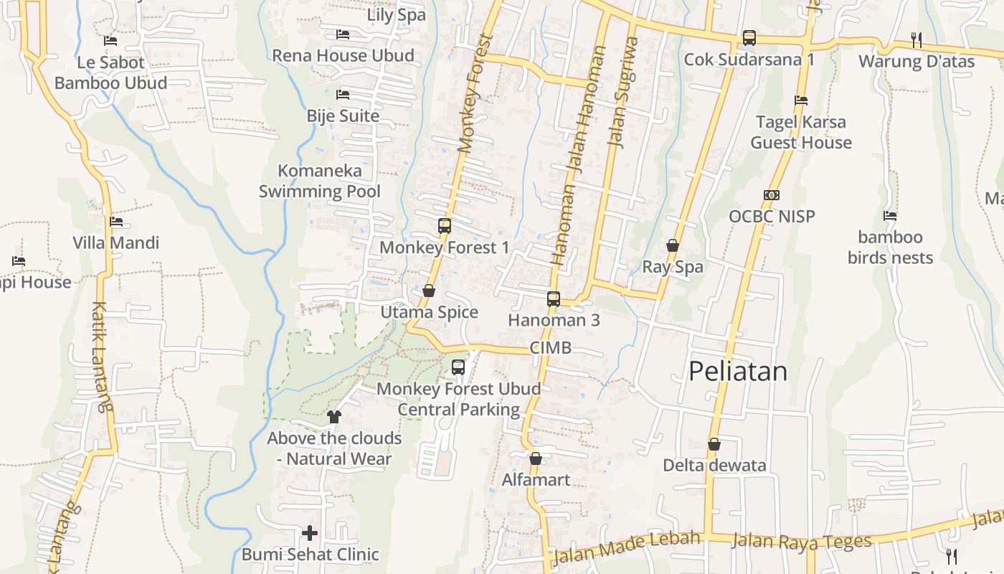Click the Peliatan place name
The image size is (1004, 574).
coord(738,371)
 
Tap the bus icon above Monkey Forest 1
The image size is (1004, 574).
coord(445,226)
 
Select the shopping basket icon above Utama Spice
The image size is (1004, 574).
coord(429,291)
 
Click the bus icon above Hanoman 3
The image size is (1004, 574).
coord(554,298)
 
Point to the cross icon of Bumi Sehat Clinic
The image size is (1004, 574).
coord(310,533)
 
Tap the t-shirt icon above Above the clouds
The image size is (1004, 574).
coord(333,416)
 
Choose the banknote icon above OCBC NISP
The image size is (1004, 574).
coord(772,194)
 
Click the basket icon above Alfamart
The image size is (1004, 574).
coord(536,458)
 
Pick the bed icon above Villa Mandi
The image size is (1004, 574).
coord(116,222)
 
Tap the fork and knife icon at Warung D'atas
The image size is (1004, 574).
coord(916,39)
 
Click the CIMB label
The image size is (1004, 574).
coord(551,348)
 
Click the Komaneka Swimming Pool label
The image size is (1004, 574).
coord(320,181)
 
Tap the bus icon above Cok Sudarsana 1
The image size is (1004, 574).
coord(749,37)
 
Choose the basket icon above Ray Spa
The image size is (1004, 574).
coord(673,245)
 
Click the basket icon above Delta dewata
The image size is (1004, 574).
coord(714,444)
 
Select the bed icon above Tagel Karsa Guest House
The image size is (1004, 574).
coord(801,100)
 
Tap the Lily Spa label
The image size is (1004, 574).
coord(397,14)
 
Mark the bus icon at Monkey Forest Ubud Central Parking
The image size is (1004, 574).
coord(458,367)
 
